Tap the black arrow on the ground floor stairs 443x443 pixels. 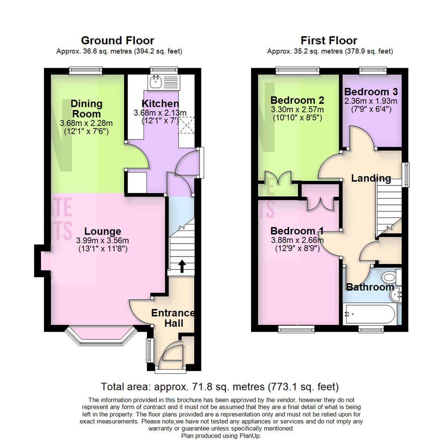click(x=181, y=267)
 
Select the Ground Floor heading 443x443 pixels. click(x=118, y=41)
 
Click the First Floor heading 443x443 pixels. click(x=329, y=41)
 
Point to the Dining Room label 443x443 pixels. click(x=86, y=109)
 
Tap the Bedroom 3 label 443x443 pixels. click(x=371, y=91)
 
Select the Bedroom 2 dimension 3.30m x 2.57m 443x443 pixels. click(x=297, y=110)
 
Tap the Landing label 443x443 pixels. click(x=371, y=178)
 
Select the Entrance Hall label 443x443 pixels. click(x=173, y=318)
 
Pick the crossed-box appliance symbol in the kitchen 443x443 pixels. click(x=187, y=126)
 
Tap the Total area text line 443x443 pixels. click(x=220, y=386)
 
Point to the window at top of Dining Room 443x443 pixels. click(x=85, y=70)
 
